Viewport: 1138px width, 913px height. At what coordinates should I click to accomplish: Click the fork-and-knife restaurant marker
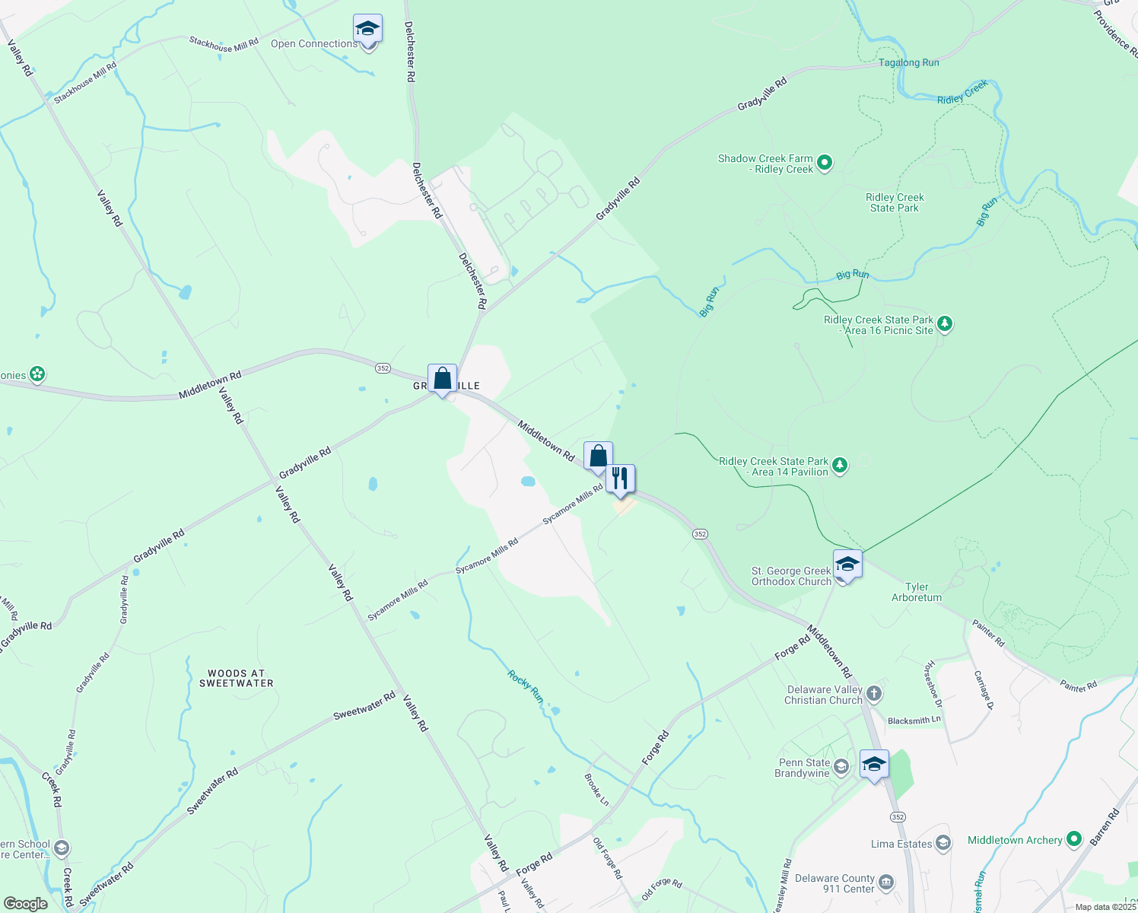[x=620, y=479]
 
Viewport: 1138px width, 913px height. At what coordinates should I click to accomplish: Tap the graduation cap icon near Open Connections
[x=367, y=30]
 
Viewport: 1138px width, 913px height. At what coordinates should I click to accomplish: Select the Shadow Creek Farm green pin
[x=825, y=162]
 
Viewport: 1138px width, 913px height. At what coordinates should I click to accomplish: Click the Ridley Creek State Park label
[x=895, y=202]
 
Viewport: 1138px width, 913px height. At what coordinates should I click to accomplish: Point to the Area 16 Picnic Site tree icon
[x=945, y=324]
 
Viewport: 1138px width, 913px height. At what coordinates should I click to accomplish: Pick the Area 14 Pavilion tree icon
[x=840, y=465]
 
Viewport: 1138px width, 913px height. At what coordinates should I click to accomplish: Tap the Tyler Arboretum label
[x=917, y=592]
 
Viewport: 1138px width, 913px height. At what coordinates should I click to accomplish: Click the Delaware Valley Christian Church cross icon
[x=874, y=693]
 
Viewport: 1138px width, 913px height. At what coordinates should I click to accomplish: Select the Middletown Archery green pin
[x=1073, y=839]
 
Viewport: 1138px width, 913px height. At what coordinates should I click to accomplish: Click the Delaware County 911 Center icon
[x=886, y=883]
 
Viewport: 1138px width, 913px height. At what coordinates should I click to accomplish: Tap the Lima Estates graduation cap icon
[x=943, y=843]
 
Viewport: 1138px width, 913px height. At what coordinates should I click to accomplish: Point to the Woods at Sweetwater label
[x=236, y=678]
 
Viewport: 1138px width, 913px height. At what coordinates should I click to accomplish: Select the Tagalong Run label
[x=908, y=62]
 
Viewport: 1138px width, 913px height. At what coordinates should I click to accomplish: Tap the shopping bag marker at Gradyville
[x=442, y=378]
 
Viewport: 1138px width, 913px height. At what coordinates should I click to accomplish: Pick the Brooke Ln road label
[x=596, y=790]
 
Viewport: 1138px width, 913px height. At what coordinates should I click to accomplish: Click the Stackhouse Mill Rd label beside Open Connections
[x=224, y=45]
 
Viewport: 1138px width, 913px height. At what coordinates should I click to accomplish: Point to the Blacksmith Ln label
[x=914, y=720]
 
